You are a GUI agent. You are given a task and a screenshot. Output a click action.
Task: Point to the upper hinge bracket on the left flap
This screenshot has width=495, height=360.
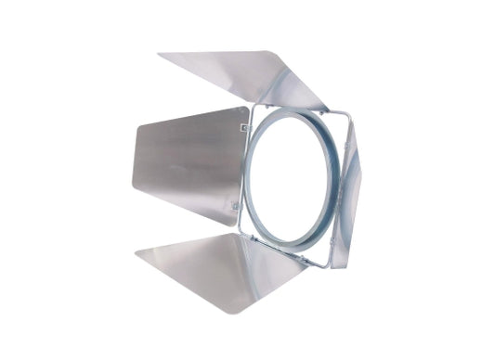pyautogui.click(x=244, y=126)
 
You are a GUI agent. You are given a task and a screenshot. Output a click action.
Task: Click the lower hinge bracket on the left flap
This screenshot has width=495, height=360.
pyautogui.click(x=236, y=205)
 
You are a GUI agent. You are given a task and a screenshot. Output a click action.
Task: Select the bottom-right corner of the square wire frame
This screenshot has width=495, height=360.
pyautogui.click(x=327, y=265)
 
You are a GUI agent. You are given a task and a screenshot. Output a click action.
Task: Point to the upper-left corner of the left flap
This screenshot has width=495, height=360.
pyautogui.click(x=139, y=124)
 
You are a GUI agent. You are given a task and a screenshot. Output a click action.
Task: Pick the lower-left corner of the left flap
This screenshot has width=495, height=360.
pyautogui.click(x=133, y=191)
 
